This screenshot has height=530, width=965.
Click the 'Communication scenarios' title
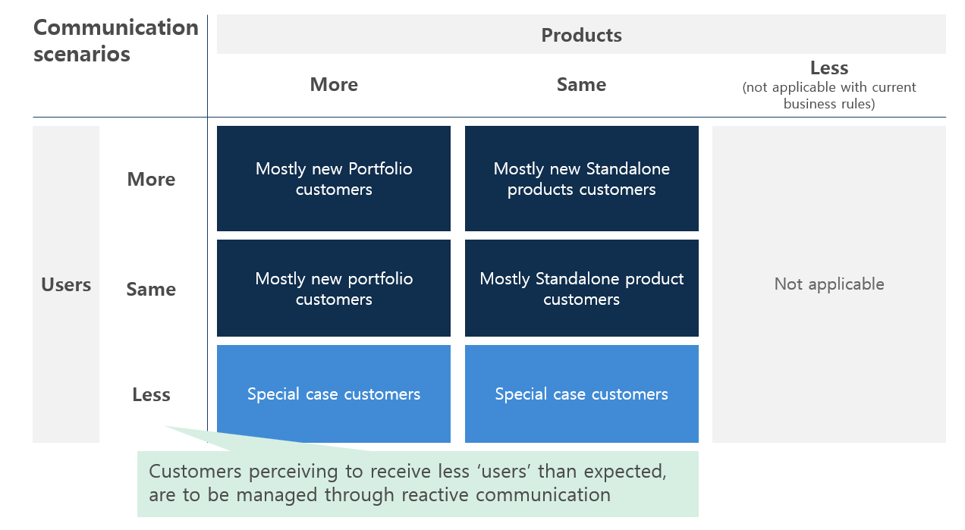click(115, 41)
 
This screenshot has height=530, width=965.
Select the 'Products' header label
click(581, 35)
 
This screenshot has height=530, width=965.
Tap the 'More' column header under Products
click(334, 84)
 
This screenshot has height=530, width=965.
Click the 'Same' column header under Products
click(581, 84)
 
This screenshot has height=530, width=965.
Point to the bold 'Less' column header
click(828, 67)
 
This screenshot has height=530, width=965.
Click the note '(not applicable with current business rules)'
click(828, 96)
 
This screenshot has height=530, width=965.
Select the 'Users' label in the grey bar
click(66, 285)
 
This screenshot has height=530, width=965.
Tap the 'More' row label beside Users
click(151, 180)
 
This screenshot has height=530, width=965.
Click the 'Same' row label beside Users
click(151, 289)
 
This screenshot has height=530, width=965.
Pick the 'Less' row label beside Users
click(151, 394)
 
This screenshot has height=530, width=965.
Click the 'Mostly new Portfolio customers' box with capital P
click(334, 179)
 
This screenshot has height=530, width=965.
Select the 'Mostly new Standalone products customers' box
click(581, 179)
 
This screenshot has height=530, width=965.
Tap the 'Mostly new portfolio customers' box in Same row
click(334, 288)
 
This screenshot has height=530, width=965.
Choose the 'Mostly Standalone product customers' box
click(581, 288)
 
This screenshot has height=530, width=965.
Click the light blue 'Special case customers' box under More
click(334, 394)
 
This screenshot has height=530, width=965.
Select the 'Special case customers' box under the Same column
click(581, 394)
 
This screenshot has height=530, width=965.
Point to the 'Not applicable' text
click(828, 284)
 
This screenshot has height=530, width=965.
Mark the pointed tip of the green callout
click(166, 426)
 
